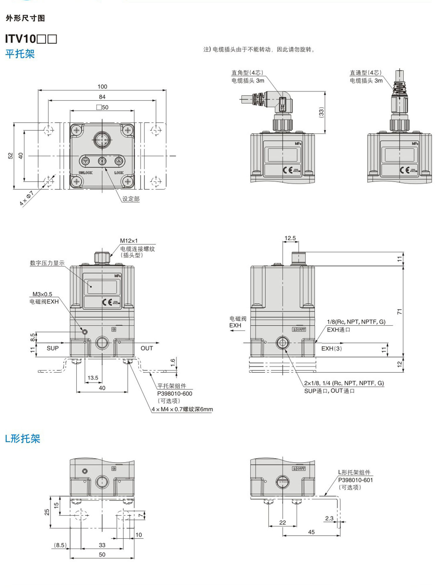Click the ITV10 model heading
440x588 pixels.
[x=31, y=39]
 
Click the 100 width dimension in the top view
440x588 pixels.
[x=102, y=87]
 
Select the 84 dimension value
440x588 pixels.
[x=102, y=97]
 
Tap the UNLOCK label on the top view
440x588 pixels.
[x=86, y=173]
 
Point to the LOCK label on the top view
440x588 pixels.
[x=119, y=173]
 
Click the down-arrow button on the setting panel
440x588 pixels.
[x=86, y=161]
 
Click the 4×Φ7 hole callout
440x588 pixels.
[x=26, y=198]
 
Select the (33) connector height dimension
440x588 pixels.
[x=321, y=112]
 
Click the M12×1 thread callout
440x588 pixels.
[x=129, y=241]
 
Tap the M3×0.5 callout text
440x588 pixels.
[x=42, y=294]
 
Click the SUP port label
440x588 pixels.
[x=53, y=348]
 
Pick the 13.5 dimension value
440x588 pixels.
[x=93, y=378]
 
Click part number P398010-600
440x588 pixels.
[x=175, y=394]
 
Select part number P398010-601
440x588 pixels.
[x=355, y=480]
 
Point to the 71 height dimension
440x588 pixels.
[x=400, y=312]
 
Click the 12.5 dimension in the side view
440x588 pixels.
[x=290, y=238]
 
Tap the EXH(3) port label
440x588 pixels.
[x=331, y=349]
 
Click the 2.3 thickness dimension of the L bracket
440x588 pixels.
[x=329, y=518]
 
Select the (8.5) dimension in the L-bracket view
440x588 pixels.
[x=60, y=545]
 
